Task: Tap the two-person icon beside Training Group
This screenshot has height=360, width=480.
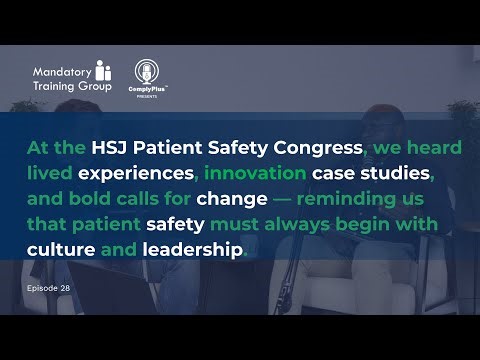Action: pyautogui.click(x=103, y=73)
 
